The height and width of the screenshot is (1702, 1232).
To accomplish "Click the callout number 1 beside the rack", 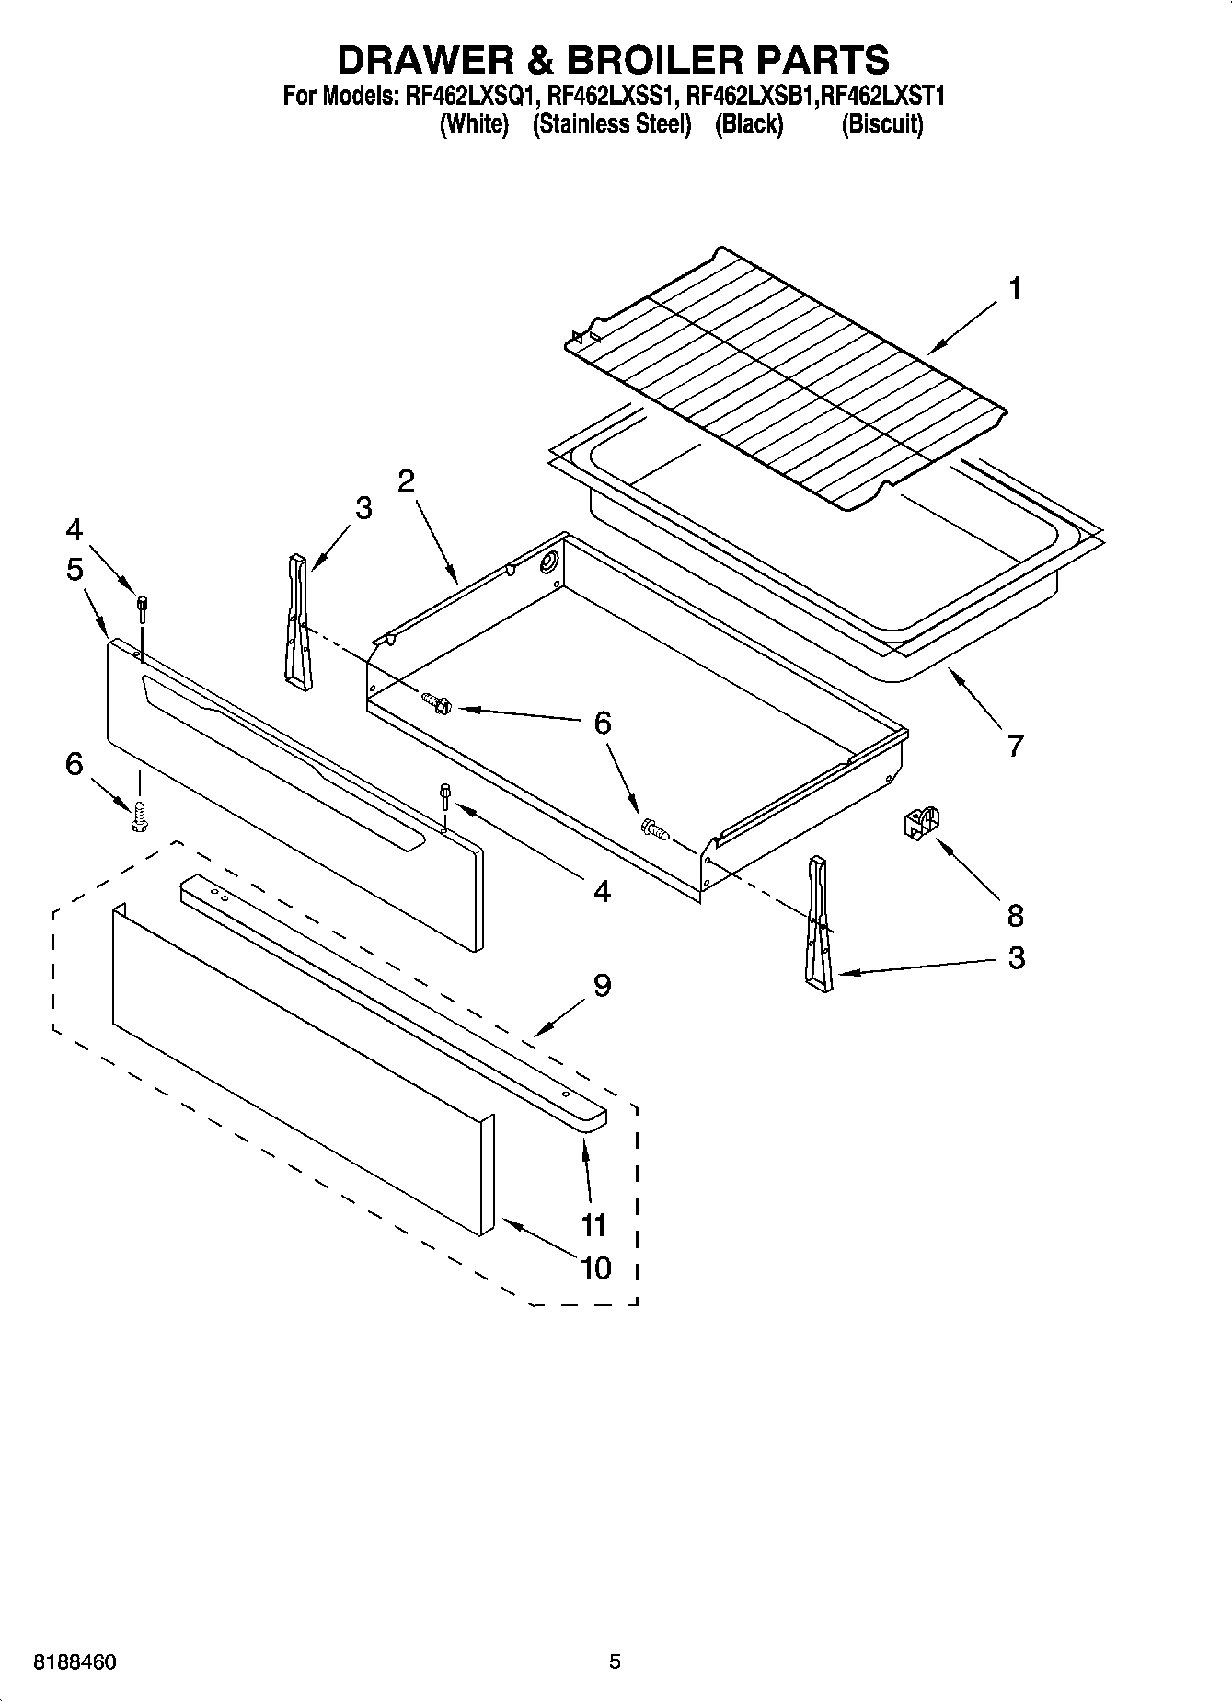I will tap(1014, 289).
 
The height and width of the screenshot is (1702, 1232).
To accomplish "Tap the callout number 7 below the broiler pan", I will tap(1014, 744).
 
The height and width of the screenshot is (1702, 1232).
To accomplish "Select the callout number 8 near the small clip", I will tap(1015, 915).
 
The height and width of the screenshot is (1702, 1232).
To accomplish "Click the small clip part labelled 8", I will tap(921, 821).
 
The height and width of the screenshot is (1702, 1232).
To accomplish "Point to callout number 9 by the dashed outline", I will tap(602, 985).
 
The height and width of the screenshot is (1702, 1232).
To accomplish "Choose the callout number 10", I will tap(596, 1268).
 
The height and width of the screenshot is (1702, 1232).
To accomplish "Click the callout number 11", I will tap(593, 1224).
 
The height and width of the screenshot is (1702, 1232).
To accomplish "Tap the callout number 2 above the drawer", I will tap(406, 480).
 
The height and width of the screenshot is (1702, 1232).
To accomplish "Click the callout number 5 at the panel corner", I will tap(75, 569).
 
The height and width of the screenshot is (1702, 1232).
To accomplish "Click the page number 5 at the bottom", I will tap(615, 1661).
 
